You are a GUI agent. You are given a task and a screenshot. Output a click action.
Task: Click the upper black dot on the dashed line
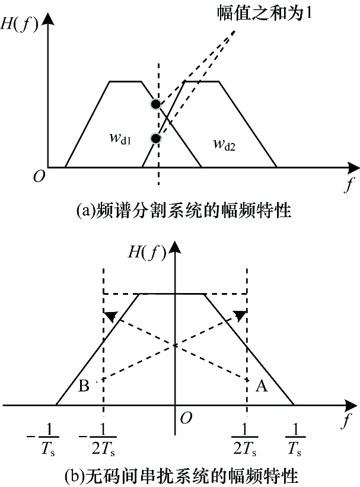point(155,104)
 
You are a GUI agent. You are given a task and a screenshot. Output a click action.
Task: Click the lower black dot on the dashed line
point(155,138)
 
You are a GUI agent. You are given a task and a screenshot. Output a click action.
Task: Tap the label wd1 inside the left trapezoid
point(120,139)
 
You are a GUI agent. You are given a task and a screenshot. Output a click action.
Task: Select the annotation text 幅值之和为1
point(264,14)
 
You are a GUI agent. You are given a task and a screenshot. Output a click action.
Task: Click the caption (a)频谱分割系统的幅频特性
point(184,211)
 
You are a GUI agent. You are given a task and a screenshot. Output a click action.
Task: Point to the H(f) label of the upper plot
point(18,24)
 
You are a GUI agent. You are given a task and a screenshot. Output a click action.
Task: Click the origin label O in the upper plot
point(39,177)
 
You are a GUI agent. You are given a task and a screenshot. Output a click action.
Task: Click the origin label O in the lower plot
point(186,418)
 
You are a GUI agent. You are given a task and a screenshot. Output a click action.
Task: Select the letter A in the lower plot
point(262,386)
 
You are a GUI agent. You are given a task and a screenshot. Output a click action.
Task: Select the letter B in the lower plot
point(84,386)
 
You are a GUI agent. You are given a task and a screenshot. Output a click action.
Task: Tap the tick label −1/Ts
point(43,440)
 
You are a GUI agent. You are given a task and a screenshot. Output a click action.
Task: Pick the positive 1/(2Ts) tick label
point(245,440)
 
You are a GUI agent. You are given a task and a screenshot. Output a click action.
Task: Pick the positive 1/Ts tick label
point(295,440)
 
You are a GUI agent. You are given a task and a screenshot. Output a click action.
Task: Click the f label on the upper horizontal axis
point(349,184)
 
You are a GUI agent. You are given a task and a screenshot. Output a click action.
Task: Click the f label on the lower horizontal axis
point(347,420)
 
